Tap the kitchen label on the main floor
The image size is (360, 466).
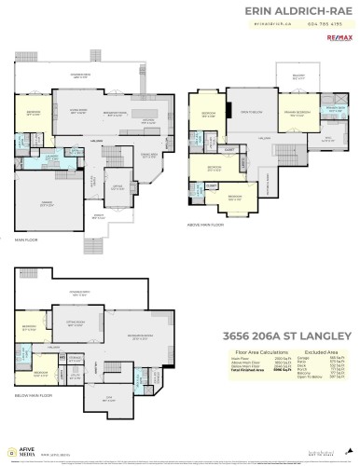(x=147, y=119)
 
